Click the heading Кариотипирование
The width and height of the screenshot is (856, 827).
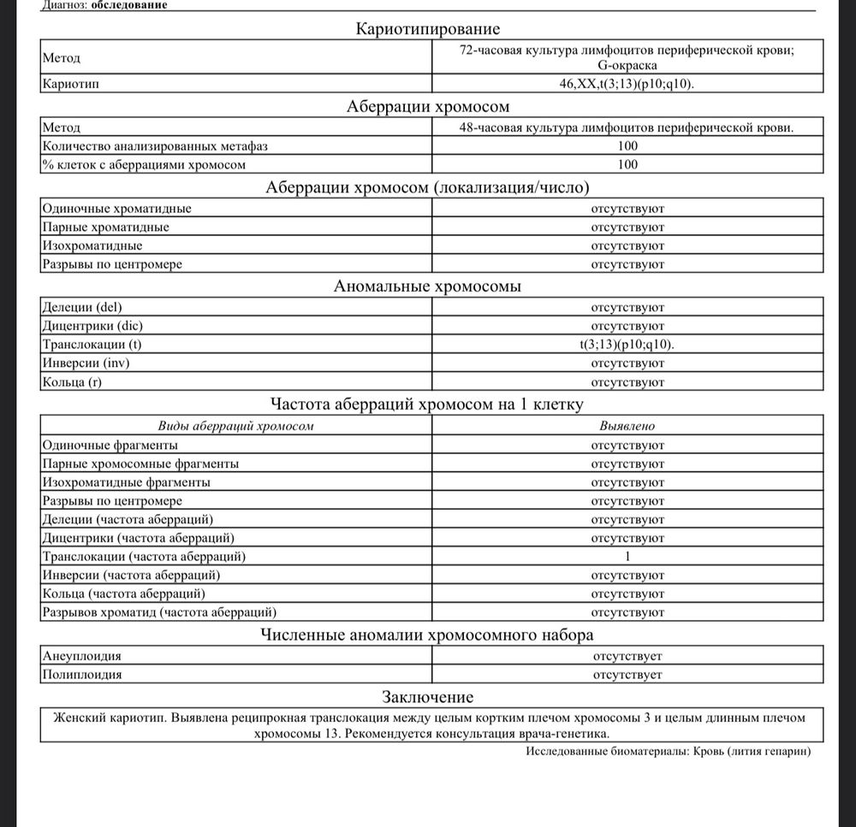[x=427, y=30]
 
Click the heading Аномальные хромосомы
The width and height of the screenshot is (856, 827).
[x=427, y=286]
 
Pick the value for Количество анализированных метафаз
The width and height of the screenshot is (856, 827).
[x=627, y=146]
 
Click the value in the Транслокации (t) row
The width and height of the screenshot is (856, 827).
[x=627, y=345]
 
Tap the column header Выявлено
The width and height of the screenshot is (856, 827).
[x=627, y=425]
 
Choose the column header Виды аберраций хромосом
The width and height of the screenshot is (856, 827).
[x=236, y=425]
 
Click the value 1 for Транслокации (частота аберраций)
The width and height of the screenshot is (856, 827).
[x=627, y=557]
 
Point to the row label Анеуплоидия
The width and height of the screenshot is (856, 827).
[x=81, y=656]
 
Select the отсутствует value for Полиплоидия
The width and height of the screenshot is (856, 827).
[x=627, y=675]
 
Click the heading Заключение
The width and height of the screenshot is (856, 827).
[x=427, y=697]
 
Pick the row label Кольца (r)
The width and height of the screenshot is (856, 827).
[x=72, y=382]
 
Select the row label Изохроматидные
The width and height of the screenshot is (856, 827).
[x=92, y=245]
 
